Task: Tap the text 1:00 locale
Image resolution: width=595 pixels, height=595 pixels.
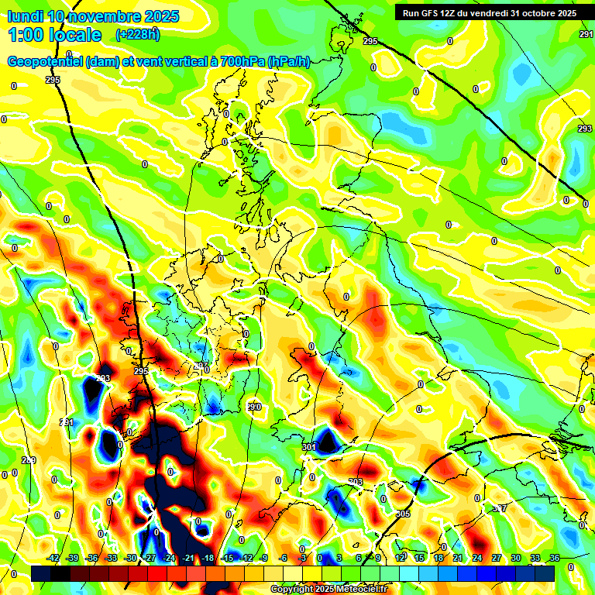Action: tap(54, 35)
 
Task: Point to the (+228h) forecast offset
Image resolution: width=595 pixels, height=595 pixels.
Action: tap(138, 34)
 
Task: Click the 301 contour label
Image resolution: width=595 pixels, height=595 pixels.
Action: tap(309, 447)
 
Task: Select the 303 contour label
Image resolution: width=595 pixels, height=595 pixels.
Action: tap(356, 482)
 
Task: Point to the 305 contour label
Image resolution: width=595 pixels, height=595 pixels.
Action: tap(403, 514)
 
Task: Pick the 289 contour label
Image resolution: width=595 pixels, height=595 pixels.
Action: tap(29, 461)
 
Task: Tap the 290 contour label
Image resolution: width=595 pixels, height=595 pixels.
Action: tap(254, 407)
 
